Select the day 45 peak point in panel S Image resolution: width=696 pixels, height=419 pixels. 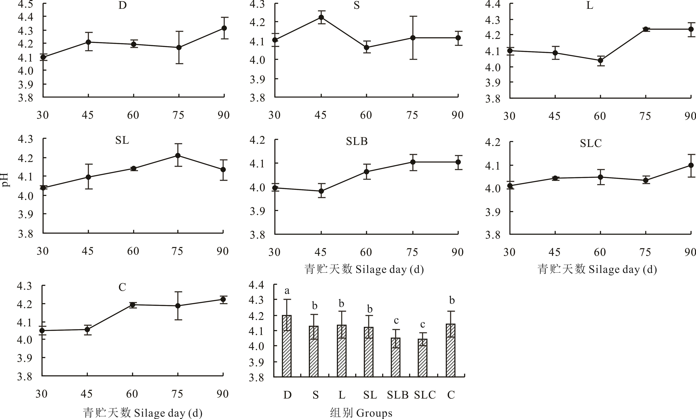(321, 17)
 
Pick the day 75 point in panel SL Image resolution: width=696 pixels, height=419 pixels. (178, 156)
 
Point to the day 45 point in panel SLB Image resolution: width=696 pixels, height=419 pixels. (321, 191)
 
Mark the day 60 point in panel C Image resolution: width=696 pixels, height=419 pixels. (132, 305)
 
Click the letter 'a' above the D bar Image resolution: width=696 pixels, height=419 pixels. (287, 291)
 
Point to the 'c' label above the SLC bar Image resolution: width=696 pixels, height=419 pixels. (423, 324)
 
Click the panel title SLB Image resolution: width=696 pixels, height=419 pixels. (357, 141)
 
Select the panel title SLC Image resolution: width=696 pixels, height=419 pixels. (591, 143)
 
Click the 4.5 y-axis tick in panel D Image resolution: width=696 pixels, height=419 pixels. (25, 4)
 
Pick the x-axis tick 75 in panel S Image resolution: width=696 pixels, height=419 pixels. (412, 115)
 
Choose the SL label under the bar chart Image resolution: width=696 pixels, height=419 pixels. (370, 395)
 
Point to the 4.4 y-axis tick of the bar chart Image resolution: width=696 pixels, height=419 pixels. (256, 285)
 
